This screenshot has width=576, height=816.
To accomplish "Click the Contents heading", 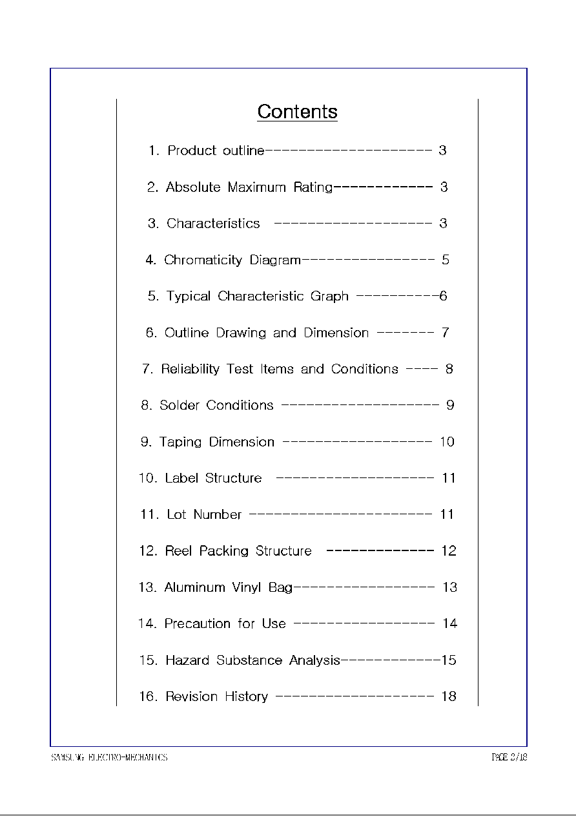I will click(x=297, y=112).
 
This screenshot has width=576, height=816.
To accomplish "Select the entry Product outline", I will click(x=216, y=151).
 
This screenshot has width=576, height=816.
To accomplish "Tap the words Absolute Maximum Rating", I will click(x=249, y=187).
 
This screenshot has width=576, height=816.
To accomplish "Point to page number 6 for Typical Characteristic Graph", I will click(x=443, y=297).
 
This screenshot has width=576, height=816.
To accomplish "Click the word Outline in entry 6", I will click(x=187, y=333).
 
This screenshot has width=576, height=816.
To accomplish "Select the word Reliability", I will click(x=190, y=370).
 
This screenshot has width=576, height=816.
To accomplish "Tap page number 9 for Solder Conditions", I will click(x=450, y=406).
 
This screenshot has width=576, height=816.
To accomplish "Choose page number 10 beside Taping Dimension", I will click(x=447, y=442).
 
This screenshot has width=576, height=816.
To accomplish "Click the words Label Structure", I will click(x=213, y=479).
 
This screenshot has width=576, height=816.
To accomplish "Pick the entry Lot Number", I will click(x=204, y=515).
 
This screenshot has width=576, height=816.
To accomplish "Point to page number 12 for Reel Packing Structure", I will click(x=448, y=551).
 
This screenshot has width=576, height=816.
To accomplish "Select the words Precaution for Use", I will click(x=225, y=624).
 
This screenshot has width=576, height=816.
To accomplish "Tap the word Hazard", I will click(x=187, y=660).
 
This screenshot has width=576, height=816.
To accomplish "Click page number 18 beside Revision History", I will click(x=448, y=696).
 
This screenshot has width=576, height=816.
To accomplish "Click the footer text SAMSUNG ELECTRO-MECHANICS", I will click(x=109, y=757).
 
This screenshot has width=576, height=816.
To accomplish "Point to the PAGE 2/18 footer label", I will click(x=509, y=757).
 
